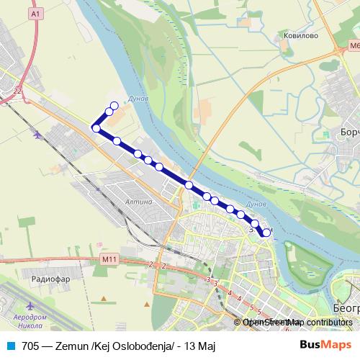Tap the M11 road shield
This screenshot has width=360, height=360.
tap(109, 258)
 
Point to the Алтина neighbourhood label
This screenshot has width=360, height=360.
tap(139, 202)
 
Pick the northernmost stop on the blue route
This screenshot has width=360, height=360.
tap(114, 106)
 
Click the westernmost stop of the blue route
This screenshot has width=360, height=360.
tap(95, 128)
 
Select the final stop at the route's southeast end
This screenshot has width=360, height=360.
tap(267, 232)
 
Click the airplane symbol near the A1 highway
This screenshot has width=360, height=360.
tap(37, 134)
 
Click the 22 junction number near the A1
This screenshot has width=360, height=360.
tap(17, 89)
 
